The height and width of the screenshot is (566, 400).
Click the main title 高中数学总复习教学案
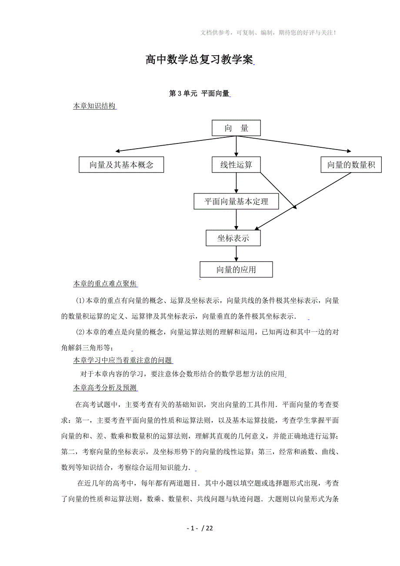tap(200, 60)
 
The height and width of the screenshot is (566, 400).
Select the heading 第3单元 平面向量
tap(199, 93)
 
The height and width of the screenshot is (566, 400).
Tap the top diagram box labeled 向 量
tap(236, 128)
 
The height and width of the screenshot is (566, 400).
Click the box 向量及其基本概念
tap(121, 165)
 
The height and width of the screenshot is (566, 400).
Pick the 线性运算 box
tap(236, 165)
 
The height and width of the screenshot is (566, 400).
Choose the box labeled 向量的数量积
tap(351, 165)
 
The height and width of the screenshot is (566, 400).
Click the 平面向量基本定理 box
tap(236, 201)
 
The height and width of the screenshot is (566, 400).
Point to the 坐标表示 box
tap(233, 238)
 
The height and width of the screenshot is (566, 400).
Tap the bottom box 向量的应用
tap(236, 270)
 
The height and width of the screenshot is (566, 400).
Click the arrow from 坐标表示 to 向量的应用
tap(236, 254)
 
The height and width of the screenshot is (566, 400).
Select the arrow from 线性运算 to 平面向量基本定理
tap(236, 183)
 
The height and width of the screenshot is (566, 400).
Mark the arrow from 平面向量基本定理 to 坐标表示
tap(236, 220)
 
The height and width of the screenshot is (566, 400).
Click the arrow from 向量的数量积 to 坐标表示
tap(304, 200)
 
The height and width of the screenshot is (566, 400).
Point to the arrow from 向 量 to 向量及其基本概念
tap(157, 144)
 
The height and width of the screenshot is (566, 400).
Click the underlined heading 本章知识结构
tap(94, 106)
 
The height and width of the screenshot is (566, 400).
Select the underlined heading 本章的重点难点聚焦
tap(105, 284)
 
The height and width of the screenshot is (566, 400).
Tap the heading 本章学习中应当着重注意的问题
tap(123, 360)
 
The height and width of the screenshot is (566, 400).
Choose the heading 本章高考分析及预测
tap(105, 387)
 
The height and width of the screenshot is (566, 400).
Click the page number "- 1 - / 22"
tap(200, 528)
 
